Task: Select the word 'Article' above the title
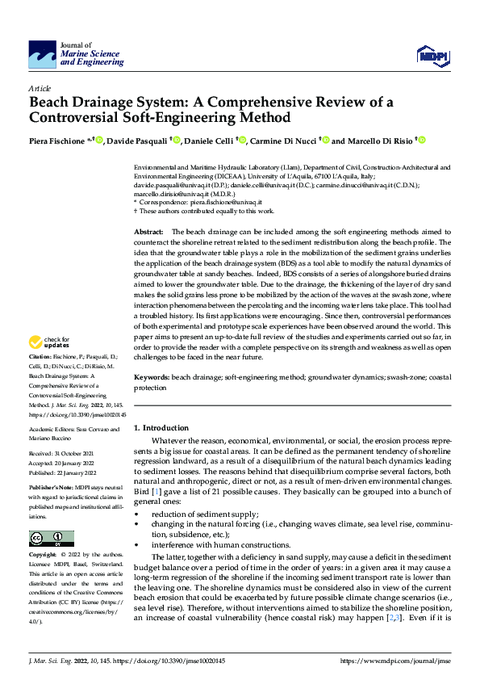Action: pyautogui.click(x=40, y=87)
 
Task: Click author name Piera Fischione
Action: pyautogui.click(x=57, y=141)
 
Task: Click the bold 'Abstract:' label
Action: pyautogui.click(x=150, y=231)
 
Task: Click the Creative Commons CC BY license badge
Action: pyautogui.click(x=51, y=539)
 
